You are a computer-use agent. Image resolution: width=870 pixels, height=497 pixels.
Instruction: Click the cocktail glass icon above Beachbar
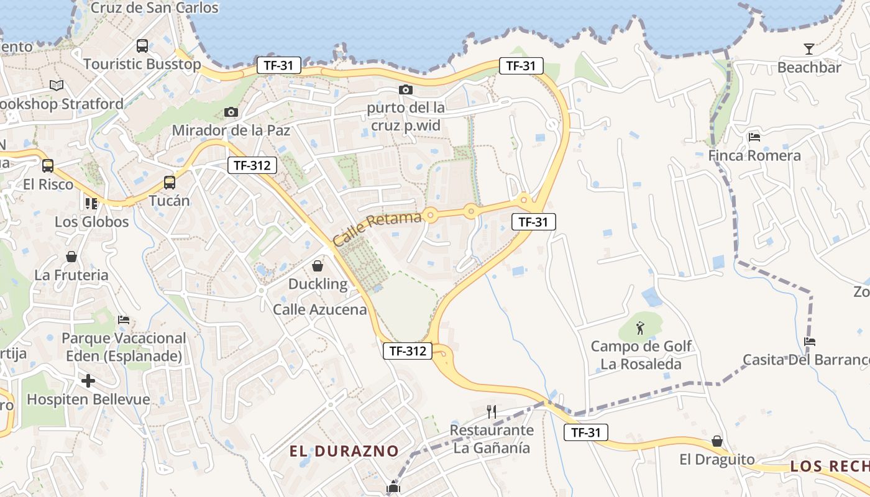coord(808,48)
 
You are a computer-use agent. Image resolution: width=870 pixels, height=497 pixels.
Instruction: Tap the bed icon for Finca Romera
coord(754,137)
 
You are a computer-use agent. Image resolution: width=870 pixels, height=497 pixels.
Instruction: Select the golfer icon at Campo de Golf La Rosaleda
coord(641,326)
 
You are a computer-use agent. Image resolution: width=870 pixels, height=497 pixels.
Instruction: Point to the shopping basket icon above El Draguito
coord(717,440)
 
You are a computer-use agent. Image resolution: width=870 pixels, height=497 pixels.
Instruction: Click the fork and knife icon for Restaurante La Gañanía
coord(492,411)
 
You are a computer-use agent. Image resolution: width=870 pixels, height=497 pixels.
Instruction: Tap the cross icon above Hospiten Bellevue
coord(88,380)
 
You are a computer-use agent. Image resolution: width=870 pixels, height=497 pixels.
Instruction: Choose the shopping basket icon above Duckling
coord(318,266)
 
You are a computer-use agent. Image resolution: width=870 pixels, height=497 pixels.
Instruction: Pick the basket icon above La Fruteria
coord(71,257)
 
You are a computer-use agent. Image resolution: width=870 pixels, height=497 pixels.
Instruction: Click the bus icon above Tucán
coord(170,183)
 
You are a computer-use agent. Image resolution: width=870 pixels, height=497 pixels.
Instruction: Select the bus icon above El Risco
coord(48,166)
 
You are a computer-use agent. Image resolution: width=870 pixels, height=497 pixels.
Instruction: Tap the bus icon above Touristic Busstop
coord(142,45)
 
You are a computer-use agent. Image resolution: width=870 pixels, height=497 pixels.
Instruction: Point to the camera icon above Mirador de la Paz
coord(231,112)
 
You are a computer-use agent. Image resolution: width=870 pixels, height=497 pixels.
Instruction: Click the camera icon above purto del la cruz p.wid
coord(406,90)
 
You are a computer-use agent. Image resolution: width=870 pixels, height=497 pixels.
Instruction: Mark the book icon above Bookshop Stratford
coord(57,85)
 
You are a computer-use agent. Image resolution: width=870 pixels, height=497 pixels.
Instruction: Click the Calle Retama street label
coord(377,228)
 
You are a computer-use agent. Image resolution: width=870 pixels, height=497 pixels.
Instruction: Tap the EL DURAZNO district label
coord(344,451)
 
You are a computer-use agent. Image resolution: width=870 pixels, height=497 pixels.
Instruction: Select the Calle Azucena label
coord(320,309)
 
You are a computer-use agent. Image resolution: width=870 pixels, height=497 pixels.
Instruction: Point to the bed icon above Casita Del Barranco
coord(809,341)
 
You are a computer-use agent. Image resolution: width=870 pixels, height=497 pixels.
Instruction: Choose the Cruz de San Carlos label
coord(155,8)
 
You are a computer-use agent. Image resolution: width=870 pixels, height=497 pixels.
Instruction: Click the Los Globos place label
coord(92,222)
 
